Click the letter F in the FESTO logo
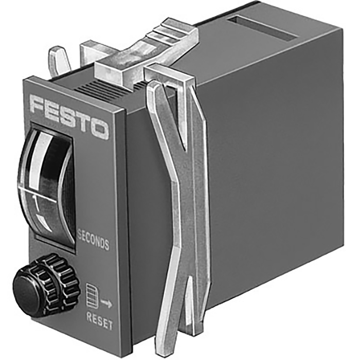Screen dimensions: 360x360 coord(39,105)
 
